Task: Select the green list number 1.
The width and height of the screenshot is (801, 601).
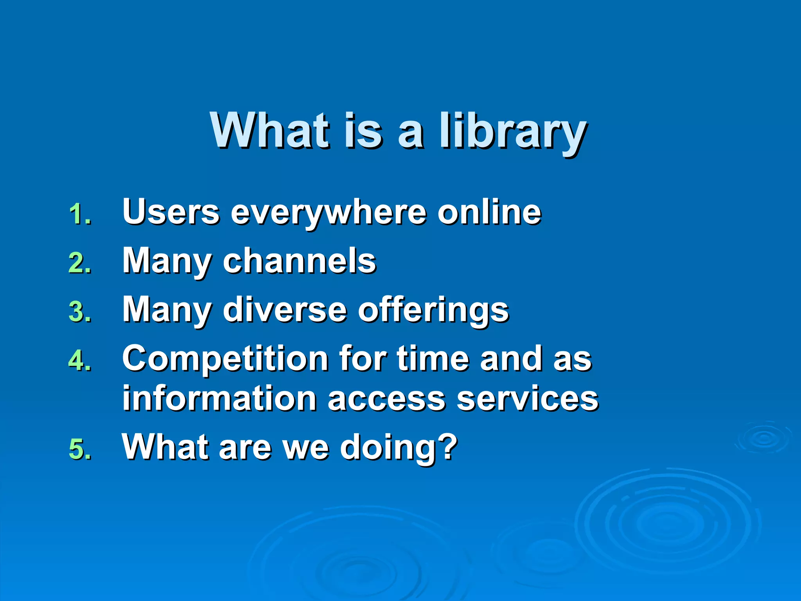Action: pos(80,214)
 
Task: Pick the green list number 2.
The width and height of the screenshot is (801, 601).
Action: pos(80,263)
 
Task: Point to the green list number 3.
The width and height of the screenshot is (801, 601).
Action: pos(80,312)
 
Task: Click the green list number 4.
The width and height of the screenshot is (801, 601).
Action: pos(80,361)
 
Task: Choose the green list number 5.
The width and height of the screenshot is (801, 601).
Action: pos(80,449)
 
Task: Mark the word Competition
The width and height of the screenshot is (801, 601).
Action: pos(225,359)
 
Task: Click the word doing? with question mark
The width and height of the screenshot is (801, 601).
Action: pos(399,447)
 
